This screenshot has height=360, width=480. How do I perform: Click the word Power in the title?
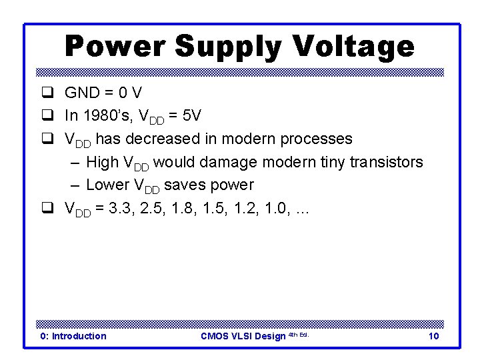114,47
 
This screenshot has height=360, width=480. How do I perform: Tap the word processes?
317,139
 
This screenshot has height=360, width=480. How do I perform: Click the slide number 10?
433,336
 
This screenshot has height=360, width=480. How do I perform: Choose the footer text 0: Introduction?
73,336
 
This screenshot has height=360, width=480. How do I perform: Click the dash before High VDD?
75,163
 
